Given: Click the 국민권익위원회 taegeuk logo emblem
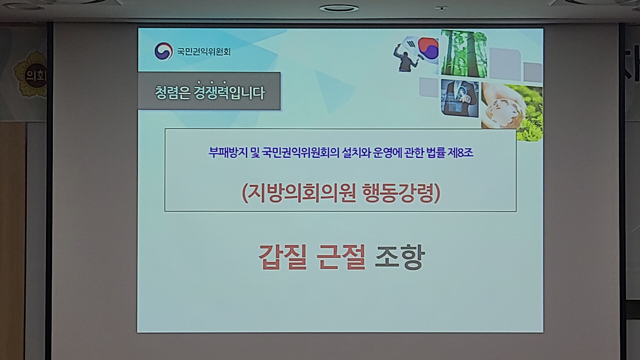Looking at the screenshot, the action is [x=163, y=51].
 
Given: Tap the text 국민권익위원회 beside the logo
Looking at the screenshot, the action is [x=204, y=52].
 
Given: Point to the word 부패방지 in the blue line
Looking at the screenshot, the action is [x=228, y=153].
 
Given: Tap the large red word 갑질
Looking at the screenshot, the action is [x=283, y=257].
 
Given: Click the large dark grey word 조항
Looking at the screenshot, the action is [x=400, y=257].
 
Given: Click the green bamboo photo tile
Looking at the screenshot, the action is [x=464, y=53].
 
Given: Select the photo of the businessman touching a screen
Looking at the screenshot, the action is [x=460, y=98].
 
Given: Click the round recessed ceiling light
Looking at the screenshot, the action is [x=339, y=8].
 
